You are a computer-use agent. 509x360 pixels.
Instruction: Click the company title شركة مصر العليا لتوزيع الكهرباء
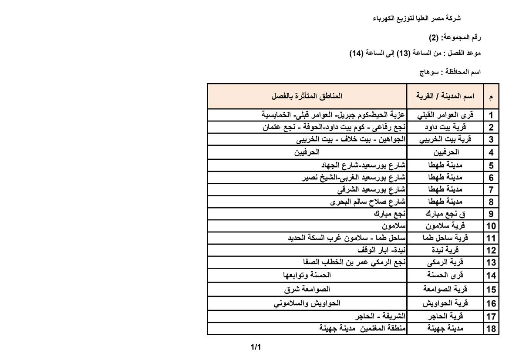[417, 18]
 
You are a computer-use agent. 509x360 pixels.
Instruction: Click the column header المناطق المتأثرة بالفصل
[307, 96]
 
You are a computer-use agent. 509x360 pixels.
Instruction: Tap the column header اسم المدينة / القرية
[445, 96]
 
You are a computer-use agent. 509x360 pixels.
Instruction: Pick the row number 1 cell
[491, 115]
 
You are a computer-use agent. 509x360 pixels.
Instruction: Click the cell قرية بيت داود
[445, 128]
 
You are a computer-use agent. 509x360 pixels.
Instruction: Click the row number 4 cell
[491, 153]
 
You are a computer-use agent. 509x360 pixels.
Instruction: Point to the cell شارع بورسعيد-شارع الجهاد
[364, 165]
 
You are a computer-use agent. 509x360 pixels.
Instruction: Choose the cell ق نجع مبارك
[445, 214]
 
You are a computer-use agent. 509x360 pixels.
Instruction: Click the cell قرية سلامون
[445, 226]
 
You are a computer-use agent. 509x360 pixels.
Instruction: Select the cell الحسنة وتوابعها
[307, 275]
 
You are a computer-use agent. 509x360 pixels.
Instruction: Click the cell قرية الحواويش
[445, 303]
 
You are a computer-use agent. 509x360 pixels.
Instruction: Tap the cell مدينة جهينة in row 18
[445, 329]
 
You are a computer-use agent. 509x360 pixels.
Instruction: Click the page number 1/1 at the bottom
[255, 347]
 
